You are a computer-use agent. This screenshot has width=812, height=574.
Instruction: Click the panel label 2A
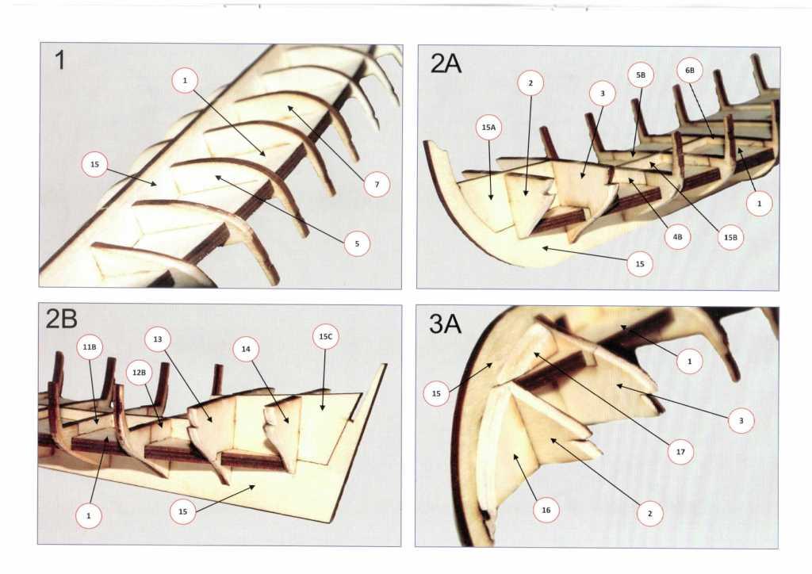446,63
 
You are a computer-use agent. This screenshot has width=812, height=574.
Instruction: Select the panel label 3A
446,324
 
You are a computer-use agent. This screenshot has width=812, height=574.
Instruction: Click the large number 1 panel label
60,60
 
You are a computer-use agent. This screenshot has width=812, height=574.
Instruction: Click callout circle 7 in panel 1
377,186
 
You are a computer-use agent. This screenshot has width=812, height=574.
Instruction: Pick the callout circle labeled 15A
489,128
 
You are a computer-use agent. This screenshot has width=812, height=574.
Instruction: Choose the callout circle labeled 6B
689,71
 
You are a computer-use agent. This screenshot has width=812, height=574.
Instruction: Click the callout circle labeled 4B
676,236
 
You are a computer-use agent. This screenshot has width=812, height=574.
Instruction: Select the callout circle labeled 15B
730,236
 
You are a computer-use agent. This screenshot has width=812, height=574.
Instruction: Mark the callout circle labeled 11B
88,346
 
